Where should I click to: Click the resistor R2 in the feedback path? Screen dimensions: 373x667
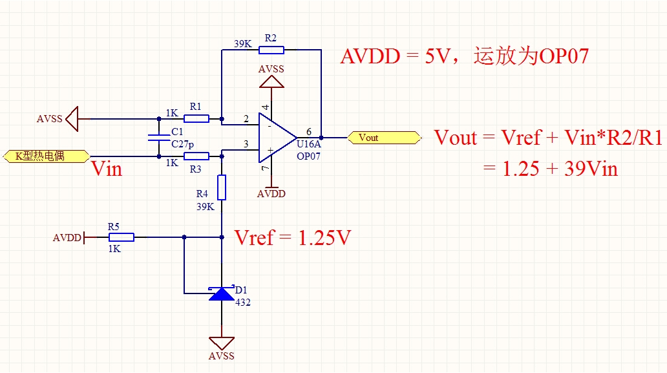(x=271, y=50)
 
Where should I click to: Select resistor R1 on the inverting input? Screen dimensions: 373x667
(x=196, y=118)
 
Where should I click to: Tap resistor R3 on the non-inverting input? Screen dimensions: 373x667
(x=196, y=156)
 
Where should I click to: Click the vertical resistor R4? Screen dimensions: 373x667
(x=222, y=187)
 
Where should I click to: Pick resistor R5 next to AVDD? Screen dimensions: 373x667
(x=122, y=237)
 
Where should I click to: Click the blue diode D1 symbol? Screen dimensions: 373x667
(x=222, y=294)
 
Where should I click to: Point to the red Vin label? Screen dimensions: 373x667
(x=107, y=170)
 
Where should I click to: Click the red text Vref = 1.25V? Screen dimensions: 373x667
(x=293, y=238)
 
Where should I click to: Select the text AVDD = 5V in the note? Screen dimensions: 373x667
(x=396, y=56)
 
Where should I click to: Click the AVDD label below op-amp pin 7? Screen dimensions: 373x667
(x=271, y=194)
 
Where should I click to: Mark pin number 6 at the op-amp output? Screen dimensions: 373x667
(x=308, y=131)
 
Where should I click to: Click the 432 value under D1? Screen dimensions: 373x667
(x=243, y=303)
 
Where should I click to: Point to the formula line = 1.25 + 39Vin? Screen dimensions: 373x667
(x=551, y=169)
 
